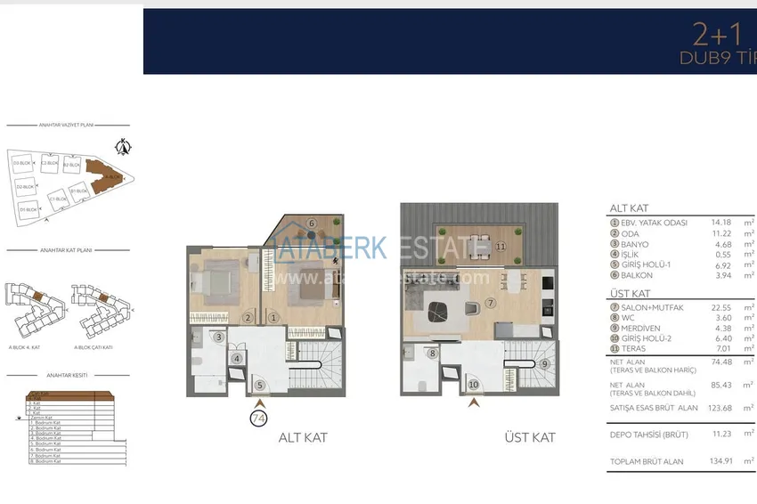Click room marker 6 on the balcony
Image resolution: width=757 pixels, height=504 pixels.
pyautogui.click(x=312, y=224)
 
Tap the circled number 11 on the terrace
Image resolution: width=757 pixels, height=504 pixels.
pyautogui.click(x=501, y=246)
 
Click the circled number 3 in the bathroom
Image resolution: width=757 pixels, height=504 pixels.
pyautogui.click(x=218, y=337)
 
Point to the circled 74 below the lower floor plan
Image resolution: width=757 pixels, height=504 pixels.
pyautogui.click(x=259, y=416)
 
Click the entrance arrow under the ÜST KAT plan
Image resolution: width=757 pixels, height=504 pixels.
pyautogui.click(x=475, y=402)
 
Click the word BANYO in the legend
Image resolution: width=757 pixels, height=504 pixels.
pyautogui.click(x=635, y=244)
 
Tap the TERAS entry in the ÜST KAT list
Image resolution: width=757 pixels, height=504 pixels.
pyautogui.click(x=633, y=350)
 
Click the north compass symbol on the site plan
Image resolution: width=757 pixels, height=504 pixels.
pyautogui.click(x=125, y=147)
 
